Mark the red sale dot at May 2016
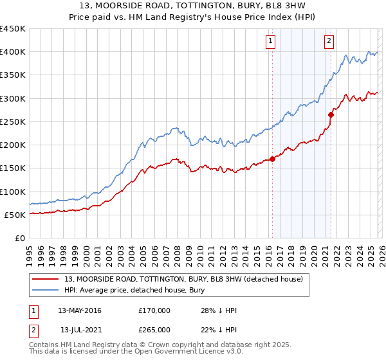click(272, 159)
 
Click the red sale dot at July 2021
click(331, 115)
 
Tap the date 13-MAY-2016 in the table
click(79, 310)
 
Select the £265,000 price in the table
click(154, 330)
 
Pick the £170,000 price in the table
click(154, 310)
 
